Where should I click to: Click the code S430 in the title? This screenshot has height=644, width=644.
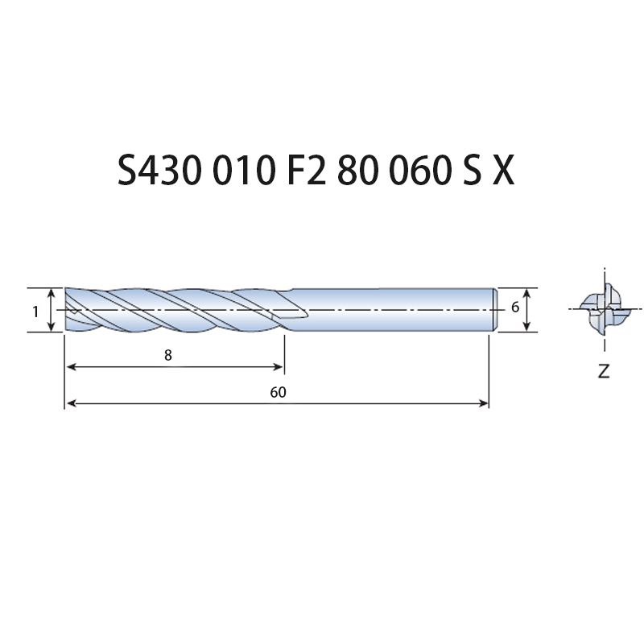coord(159,170)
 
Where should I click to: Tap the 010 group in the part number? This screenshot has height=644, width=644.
coord(243,170)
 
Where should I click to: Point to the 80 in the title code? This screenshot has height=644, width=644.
coord(357,170)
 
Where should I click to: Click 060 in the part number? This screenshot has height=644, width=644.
coord(418,170)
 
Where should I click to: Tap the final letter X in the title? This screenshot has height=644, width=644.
coord(503,170)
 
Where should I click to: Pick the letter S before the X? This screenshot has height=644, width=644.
coord(472,170)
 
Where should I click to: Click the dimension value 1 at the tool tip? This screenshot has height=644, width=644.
coord(35,312)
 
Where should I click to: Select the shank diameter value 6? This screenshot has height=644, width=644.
coord(515,307)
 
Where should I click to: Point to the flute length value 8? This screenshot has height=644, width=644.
coord(167,355)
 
